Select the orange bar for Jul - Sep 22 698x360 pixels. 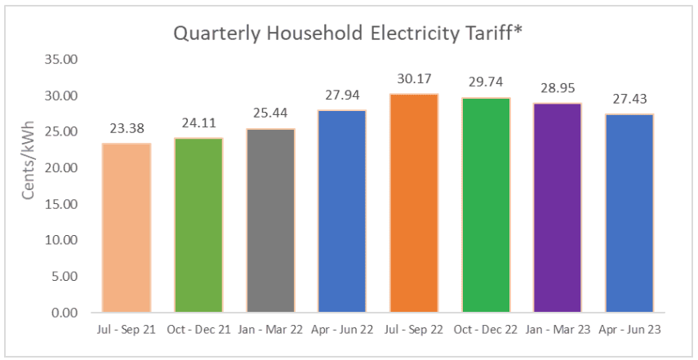(414, 203)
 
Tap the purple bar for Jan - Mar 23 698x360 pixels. (558, 207)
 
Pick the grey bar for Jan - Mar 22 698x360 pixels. (270, 220)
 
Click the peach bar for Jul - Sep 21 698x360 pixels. (127, 228)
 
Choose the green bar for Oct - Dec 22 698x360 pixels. (486, 205)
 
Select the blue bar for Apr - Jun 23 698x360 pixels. (629, 213)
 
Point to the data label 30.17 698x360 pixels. (414, 79)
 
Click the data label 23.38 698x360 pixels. (127, 128)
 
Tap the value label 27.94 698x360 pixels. (342, 96)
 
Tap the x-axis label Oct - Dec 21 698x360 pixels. (198, 330)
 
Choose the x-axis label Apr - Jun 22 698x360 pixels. (342, 330)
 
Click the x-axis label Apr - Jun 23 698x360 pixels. (629, 330)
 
